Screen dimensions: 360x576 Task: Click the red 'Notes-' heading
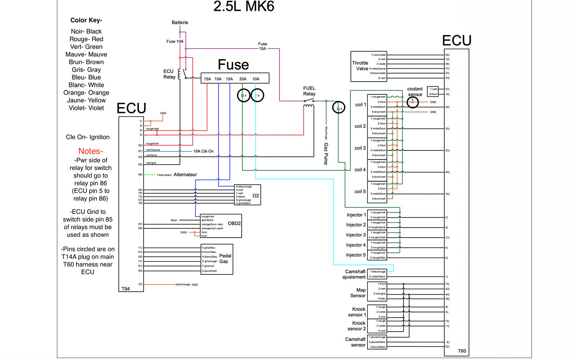(x=90, y=151)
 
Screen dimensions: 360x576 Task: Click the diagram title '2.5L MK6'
(x=244, y=7)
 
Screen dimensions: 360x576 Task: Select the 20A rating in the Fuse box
(x=243, y=79)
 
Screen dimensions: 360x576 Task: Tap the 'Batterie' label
(x=180, y=22)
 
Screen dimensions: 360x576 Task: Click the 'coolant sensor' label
(x=415, y=92)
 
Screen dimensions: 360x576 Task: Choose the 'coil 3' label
(x=360, y=148)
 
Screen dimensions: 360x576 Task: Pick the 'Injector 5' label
(x=356, y=255)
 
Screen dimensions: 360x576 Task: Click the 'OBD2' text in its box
(x=234, y=224)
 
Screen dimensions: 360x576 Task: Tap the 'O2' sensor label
(x=256, y=196)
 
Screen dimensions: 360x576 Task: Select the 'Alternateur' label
(x=185, y=175)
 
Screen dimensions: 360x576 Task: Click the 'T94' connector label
(x=126, y=289)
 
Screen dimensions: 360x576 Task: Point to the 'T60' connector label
(x=462, y=351)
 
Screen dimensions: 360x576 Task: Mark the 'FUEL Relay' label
(x=309, y=91)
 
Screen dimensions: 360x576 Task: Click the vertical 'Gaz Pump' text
(x=326, y=154)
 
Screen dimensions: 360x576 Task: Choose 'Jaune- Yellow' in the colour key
(x=86, y=100)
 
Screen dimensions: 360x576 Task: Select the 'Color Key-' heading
(x=86, y=20)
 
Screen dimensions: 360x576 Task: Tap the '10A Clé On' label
(x=203, y=151)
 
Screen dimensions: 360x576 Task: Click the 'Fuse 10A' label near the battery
(x=175, y=41)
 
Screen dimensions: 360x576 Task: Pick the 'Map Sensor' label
(x=358, y=293)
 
